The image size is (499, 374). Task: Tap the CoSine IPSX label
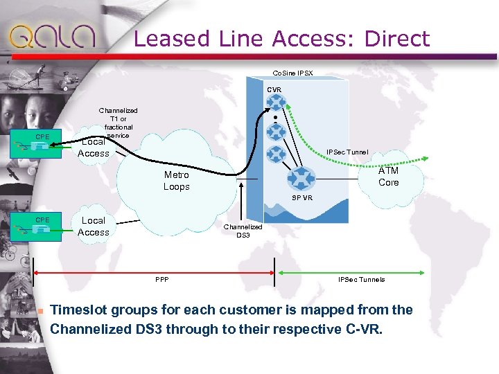(292, 73)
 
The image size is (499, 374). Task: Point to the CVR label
(274, 90)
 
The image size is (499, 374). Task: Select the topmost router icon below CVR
(277, 103)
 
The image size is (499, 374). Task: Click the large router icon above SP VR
(302, 178)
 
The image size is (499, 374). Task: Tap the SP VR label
(302, 197)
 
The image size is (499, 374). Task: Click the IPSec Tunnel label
(347, 152)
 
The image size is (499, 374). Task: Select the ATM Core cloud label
(388, 177)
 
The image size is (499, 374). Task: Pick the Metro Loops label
(176, 181)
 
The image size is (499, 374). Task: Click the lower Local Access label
(94, 226)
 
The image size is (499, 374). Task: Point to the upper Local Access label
(94, 148)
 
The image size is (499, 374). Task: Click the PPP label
(162, 280)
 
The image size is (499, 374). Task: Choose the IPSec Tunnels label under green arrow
(361, 280)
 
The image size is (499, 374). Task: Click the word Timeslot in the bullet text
(82, 310)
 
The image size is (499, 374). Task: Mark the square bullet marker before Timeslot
(41, 310)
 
